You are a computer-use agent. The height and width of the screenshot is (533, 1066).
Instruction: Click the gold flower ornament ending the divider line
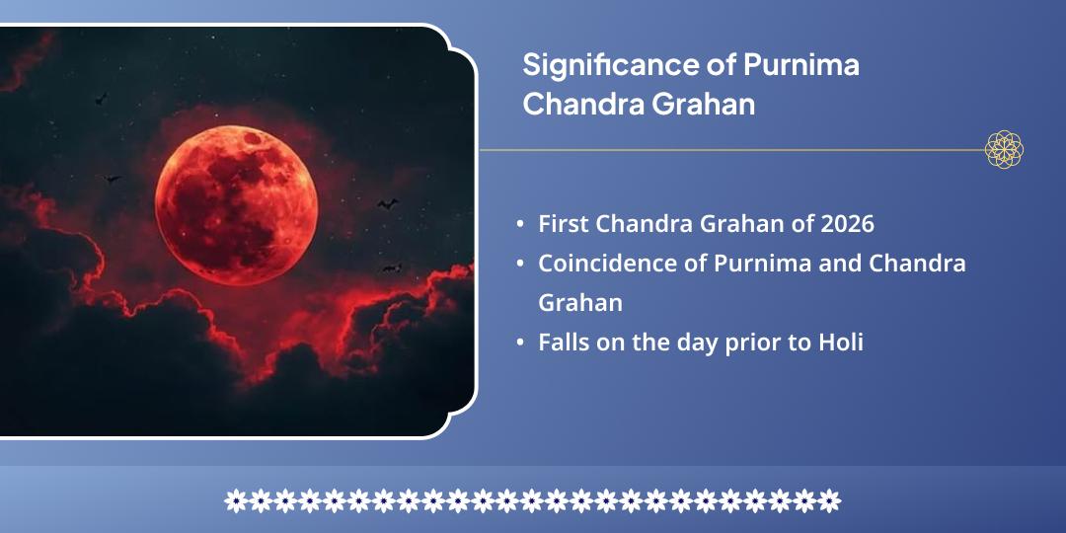(1004, 150)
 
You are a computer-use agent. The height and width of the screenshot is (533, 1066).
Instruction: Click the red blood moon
(236, 203)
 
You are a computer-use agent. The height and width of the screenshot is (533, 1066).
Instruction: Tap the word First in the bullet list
(562, 224)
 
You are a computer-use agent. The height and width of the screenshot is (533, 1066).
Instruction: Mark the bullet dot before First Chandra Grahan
(520, 225)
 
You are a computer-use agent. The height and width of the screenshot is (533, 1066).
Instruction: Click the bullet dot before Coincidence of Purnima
(520, 265)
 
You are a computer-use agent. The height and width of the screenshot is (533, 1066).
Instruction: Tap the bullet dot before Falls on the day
(520, 343)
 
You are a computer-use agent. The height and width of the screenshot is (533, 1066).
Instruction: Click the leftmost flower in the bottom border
(236, 500)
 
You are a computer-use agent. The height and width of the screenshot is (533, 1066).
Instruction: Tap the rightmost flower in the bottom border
(830, 500)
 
